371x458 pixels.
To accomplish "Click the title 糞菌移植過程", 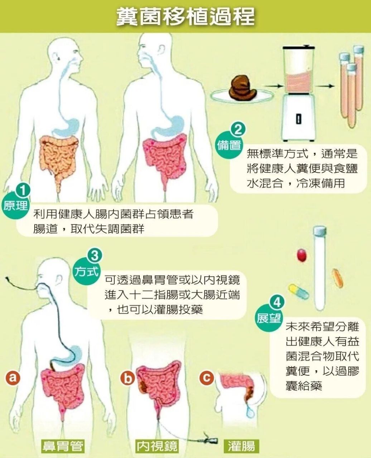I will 185,16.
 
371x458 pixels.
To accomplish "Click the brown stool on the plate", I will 243,88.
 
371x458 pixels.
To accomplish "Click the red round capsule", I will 302,255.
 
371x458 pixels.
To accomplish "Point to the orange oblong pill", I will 337,278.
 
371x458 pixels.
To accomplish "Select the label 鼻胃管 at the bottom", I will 63,446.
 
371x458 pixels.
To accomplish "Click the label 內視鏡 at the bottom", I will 157,446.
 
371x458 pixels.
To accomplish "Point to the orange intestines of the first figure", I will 59,157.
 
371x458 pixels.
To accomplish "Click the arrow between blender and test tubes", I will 326,86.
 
